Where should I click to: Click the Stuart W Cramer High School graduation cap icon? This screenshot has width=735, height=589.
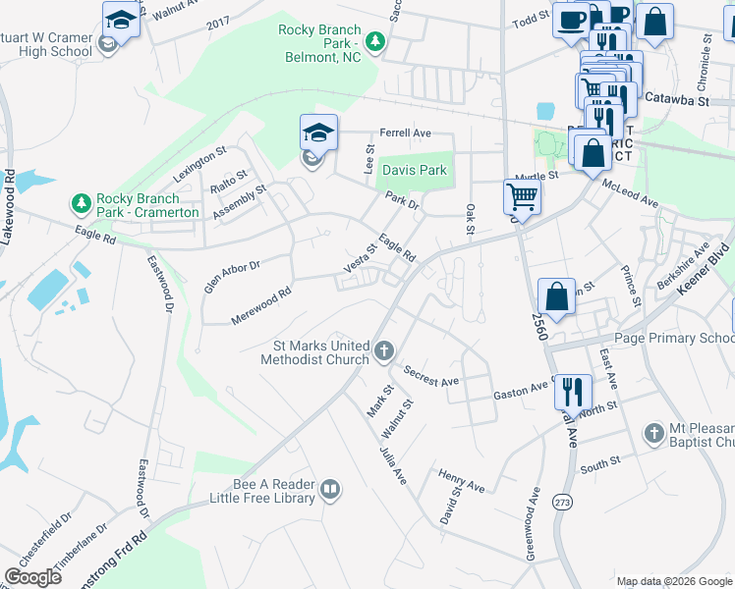pyautogui.click(x=122, y=20)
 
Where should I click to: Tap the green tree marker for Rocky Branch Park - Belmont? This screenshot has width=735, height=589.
pyautogui.click(x=374, y=41)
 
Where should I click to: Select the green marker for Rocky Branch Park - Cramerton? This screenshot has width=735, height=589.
pyautogui.click(x=81, y=203)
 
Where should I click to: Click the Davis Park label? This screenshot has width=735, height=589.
pyautogui.click(x=414, y=170)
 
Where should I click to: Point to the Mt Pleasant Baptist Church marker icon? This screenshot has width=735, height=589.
pyautogui.click(x=654, y=432)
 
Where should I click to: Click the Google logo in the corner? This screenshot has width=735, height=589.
pyautogui.click(x=33, y=576)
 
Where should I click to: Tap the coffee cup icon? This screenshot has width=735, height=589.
pyautogui.click(x=570, y=20)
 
